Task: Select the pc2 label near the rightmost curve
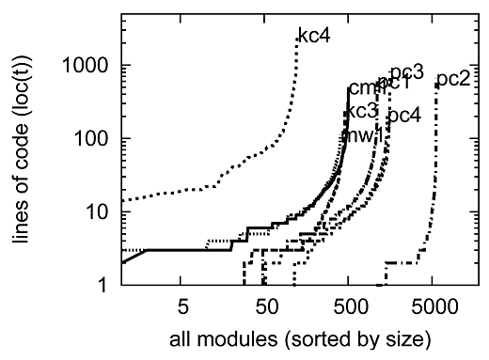(x=454, y=78)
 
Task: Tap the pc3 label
(x=407, y=70)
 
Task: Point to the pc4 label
(x=404, y=116)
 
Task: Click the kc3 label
(x=360, y=111)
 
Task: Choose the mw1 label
(x=361, y=135)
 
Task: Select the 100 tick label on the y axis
(x=95, y=139)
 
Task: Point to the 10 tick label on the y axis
(x=100, y=212)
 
